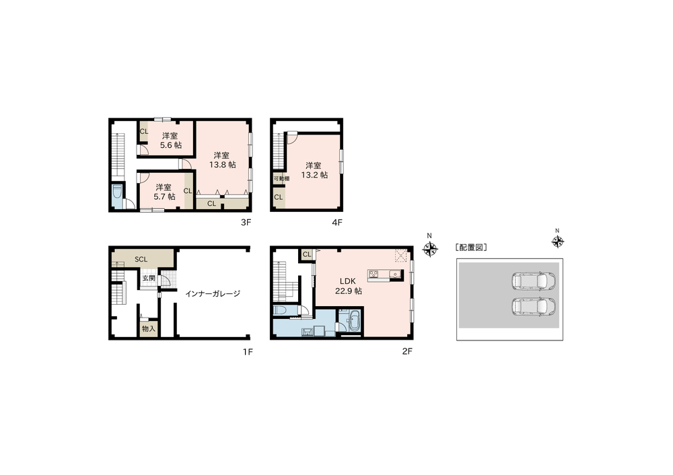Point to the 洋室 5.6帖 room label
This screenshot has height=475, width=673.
(170, 140)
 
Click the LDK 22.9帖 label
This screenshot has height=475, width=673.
(349, 286)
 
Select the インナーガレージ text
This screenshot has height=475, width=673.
(213, 293)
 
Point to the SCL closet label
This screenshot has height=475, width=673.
(141, 259)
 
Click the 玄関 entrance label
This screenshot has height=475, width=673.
(149, 277)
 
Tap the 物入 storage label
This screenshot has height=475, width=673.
(149, 328)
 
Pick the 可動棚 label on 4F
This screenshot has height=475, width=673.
(281, 178)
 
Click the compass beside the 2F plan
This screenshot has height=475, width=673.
(429, 250)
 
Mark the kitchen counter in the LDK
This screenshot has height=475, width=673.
(384, 274)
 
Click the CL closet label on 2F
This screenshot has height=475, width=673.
(307, 254)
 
